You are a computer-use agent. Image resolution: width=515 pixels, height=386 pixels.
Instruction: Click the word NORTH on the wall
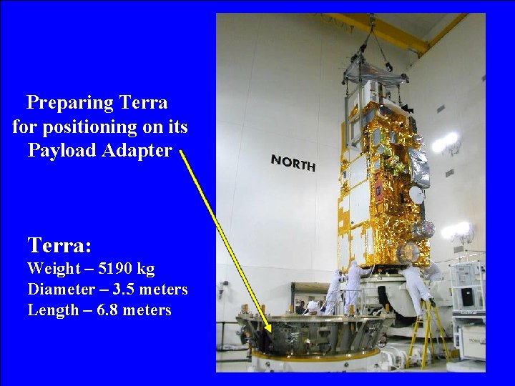(x=293, y=162)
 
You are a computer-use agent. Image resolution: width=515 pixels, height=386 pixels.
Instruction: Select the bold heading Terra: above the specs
(x=59, y=246)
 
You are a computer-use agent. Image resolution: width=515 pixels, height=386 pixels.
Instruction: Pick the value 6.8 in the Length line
(x=112, y=310)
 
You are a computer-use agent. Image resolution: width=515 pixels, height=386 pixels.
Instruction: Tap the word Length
(x=52, y=310)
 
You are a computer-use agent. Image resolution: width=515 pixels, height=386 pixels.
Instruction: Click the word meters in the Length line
(x=148, y=310)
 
